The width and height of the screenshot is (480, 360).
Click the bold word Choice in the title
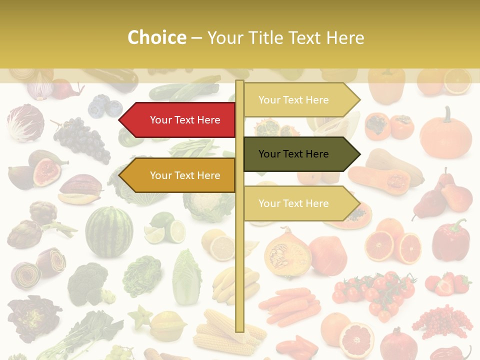point(156,38)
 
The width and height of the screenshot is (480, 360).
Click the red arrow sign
point(180,120)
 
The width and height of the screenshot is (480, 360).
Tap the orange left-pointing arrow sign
point(180,175)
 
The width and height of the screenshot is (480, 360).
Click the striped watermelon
point(109,231)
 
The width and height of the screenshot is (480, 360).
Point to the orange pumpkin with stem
point(445,133)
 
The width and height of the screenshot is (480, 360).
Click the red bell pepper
point(450,240)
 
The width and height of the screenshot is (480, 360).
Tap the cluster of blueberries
point(105,106)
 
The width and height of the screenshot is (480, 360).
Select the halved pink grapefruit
point(356,339)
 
